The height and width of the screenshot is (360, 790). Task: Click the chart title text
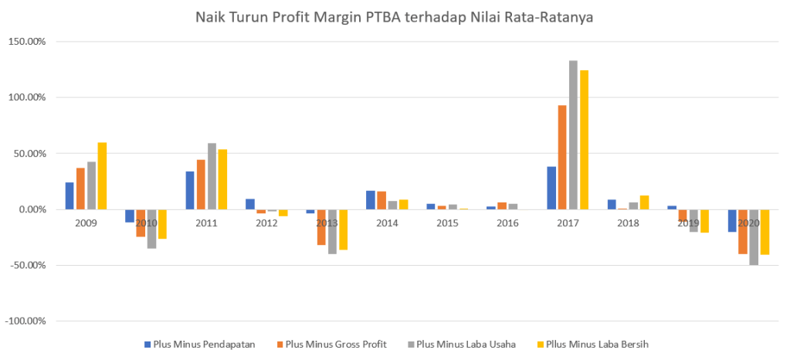click(x=394, y=15)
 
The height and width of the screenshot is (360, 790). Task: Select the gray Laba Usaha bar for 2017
click(x=573, y=135)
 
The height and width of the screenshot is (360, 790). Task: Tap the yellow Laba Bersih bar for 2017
click(x=584, y=140)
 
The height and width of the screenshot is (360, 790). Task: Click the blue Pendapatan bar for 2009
click(x=70, y=196)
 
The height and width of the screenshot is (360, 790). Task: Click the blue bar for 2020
click(x=731, y=221)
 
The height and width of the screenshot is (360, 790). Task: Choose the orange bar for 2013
click(x=321, y=227)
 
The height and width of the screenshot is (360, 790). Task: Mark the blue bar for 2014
click(x=371, y=200)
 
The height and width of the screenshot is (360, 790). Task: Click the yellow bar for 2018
click(x=644, y=202)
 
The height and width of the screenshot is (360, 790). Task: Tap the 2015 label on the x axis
click(x=447, y=222)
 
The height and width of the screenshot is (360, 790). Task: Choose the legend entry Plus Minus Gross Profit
click(x=336, y=343)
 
